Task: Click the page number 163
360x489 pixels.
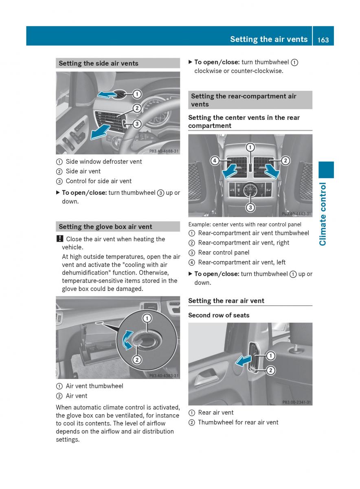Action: pos(323,40)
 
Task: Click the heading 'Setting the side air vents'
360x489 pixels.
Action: pos(99,63)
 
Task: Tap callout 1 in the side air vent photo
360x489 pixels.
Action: pos(137,94)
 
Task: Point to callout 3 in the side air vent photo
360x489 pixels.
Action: pos(137,123)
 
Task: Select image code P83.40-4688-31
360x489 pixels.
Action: pos(164,151)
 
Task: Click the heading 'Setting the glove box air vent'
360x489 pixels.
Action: pos(105,227)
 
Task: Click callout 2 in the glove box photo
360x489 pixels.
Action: pos(137,359)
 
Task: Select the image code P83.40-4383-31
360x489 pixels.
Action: pos(164,376)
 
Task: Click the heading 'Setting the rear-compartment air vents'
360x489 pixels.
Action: pos(244,100)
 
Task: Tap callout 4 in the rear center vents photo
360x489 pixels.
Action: pos(215,161)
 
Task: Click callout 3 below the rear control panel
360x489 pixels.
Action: pos(250,207)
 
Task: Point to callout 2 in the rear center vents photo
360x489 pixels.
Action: pos(285,161)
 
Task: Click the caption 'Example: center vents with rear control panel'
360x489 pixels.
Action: pos(245,225)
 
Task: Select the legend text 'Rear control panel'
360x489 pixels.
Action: pos(224,253)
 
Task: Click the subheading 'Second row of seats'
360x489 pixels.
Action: pos(219,315)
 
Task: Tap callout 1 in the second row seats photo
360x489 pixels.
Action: pos(270,356)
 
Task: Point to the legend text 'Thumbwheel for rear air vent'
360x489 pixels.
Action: pos(238,422)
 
